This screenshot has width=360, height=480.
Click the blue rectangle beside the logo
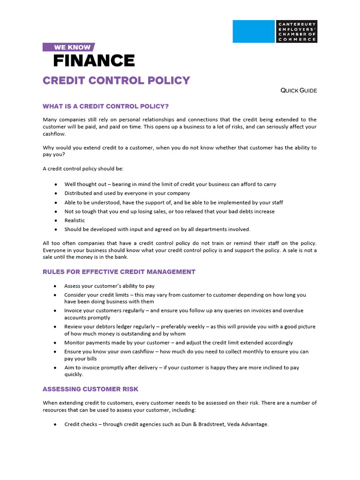pyautogui.click(x=253, y=31)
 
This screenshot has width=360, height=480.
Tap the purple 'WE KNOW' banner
pyautogui.click(x=68, y=47)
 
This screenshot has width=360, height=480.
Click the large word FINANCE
pyautogui.click(x=94, y=61)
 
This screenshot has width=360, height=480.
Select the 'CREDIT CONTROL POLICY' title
pyautogui.click(x=116, y=80)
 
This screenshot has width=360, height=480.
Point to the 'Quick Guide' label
pyautogui.click(x=299, y=90)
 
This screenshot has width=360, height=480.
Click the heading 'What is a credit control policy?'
pyautogui.click(x=105, y=106)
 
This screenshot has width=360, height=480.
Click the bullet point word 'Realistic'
pyautogui.click(x=75, y=220)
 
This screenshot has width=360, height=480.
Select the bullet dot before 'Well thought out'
pyautogui.click(x=56, y=185)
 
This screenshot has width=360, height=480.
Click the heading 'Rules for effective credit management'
pyautogui.click(x=119, y=272)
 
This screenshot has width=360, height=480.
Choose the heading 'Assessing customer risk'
pyautogui.click(x=90, y=389)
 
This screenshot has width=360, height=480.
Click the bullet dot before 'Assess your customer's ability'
pyautogui.click(x=56, y=286)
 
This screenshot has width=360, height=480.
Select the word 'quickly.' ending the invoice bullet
pyautogui.click(x=74, y=375)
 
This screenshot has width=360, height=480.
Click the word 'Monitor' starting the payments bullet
pyautogui.click(x=75, y=343)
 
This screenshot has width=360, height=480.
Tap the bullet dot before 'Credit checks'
pyautogui.click(x=56, y=425)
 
